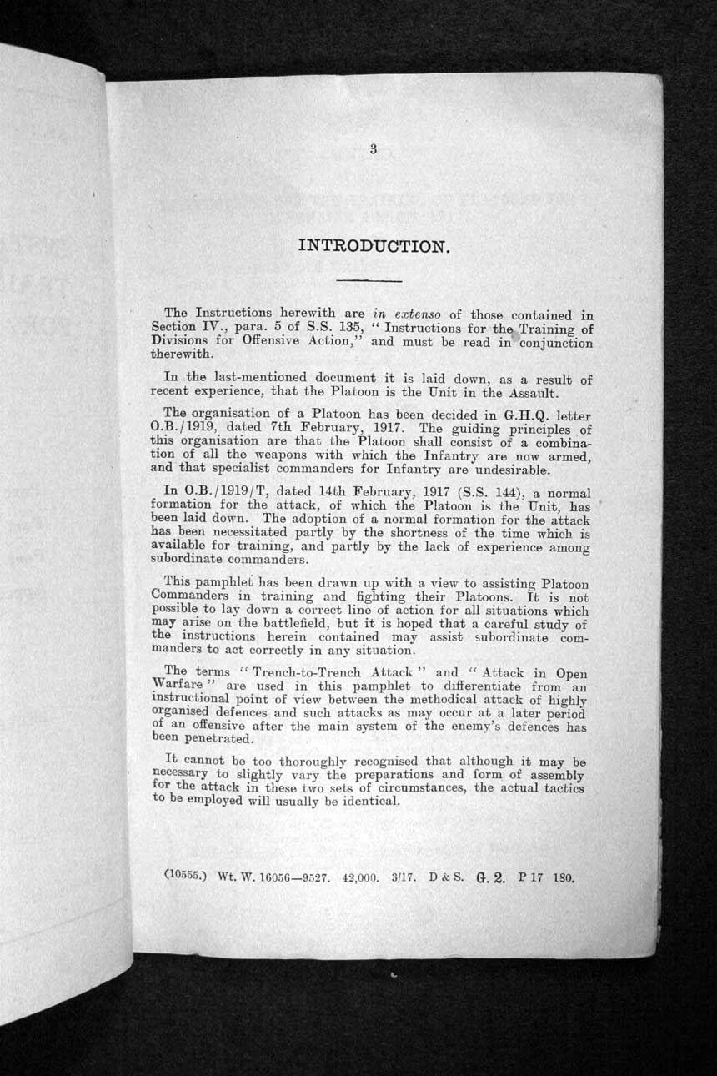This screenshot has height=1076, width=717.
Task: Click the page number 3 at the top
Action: pos(374,150)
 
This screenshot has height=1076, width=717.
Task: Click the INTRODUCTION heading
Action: pos(374,246)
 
